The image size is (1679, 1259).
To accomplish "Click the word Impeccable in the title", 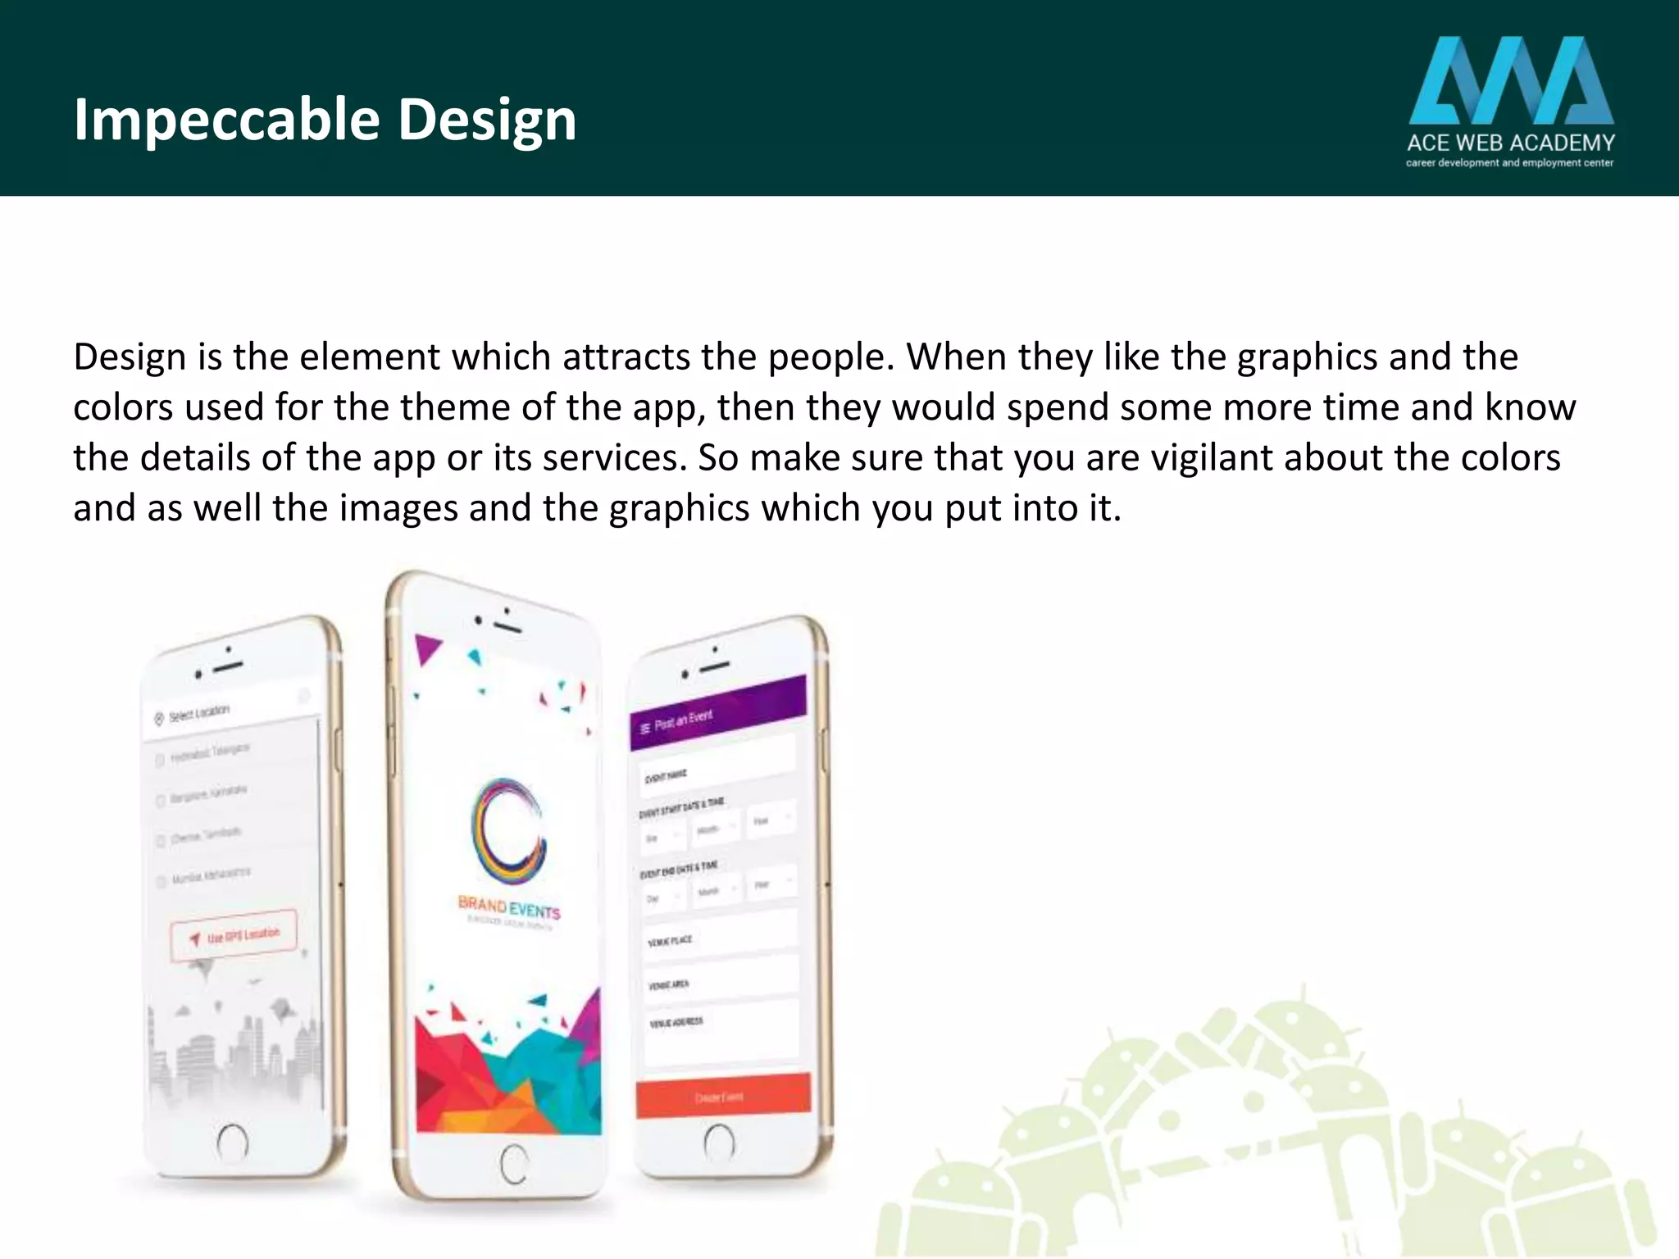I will (x=226, y=120).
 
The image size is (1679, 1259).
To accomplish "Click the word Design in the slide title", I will (x=487, y=120).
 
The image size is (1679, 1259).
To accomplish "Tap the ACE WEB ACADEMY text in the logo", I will (x=1510, y=143).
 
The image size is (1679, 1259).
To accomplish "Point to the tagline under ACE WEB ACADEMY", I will (x=1510, y=163).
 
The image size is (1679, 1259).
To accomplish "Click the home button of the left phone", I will (x=232, y=1141).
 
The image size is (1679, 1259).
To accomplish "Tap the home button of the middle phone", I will (x=514, y=1163).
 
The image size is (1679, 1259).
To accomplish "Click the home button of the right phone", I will (x=719, y=1141).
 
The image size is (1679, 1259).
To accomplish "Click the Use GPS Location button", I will (x=234, y=935).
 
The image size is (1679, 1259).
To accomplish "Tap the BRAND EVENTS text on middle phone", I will (x=509, y=907).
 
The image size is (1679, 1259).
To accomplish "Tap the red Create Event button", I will (x=722, y=1096).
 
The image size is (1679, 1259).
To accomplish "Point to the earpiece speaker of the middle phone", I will (x=507, y=627).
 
